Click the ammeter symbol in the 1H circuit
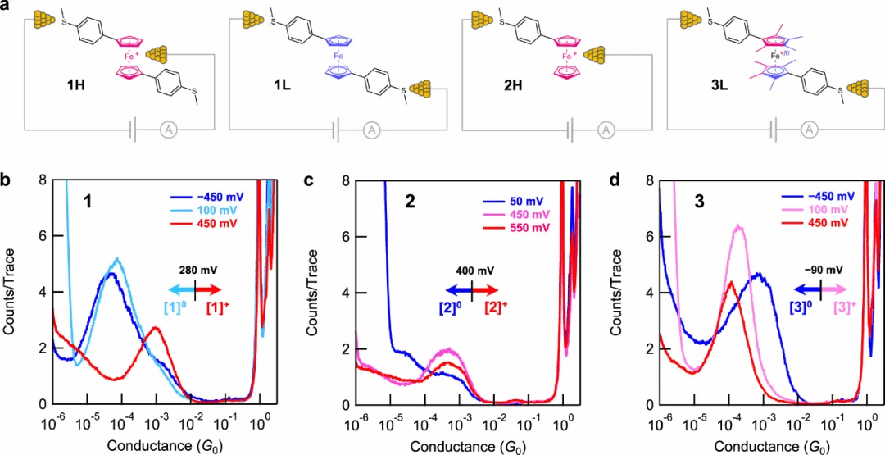(167, 129)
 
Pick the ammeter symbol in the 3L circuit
(808, 129)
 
